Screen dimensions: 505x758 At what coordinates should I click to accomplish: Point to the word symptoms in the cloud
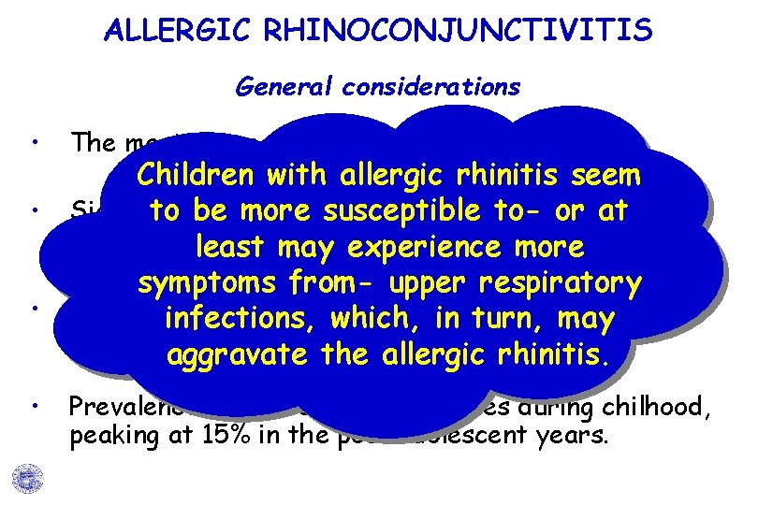211,283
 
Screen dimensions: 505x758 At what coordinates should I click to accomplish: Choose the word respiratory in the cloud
557,283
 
